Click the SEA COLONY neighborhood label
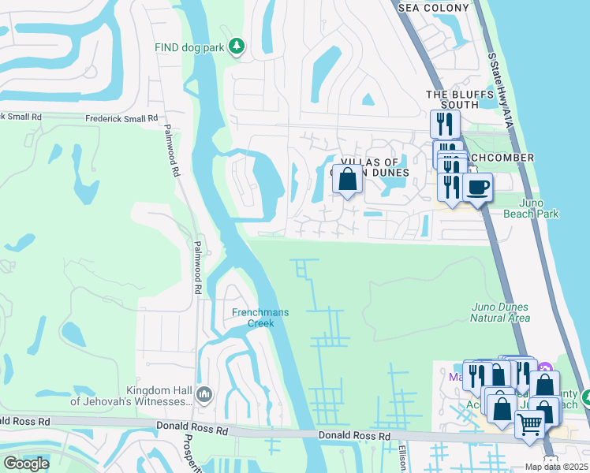tap(433, 8)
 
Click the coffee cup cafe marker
tap(477, 188)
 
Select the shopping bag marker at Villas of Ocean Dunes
tap(347, 179)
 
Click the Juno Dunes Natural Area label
tap(500, 312)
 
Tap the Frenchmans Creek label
tap(260, 318)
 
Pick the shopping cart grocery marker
tap(529, 424)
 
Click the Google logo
tap(27, 463)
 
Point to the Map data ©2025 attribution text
tap(556, 467)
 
